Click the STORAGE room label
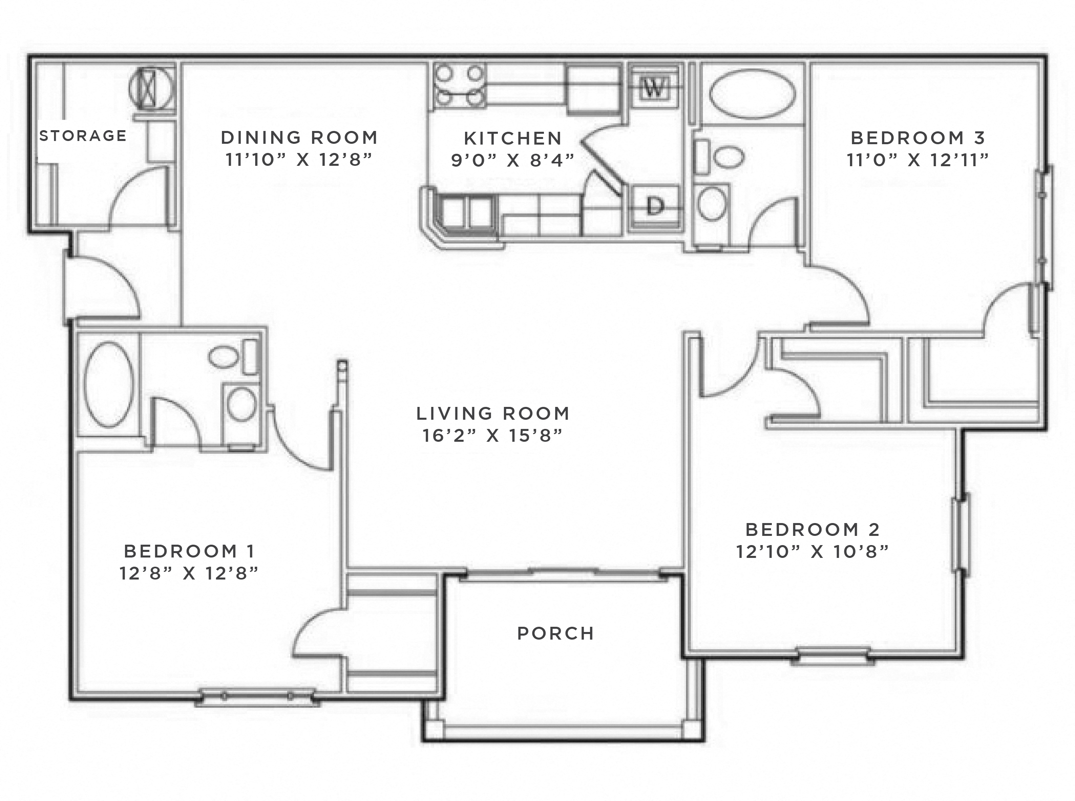(83, 136)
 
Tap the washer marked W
(653, 88)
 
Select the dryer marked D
(654, 207)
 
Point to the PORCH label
(556, 633)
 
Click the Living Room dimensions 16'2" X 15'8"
(492, 436)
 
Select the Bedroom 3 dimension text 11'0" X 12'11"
(918, 160)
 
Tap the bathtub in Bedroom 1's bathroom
(108, 385)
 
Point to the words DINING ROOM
(299, 138)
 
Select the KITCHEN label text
(513, 139)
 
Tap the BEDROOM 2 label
(812, 529)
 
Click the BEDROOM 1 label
(189, 551)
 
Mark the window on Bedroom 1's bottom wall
(257, 696)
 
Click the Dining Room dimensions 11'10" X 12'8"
(299, 159)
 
